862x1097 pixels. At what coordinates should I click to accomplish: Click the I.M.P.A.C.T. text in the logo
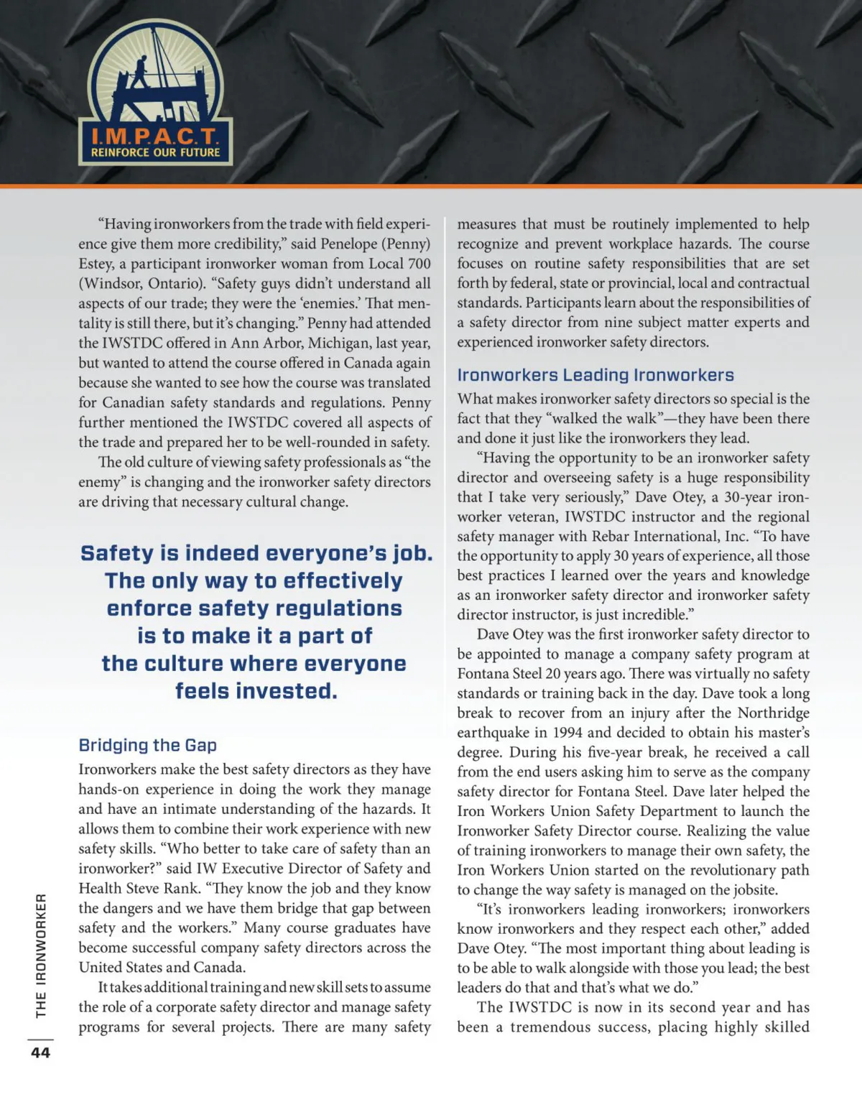pyautogui.click(x=154, y=136)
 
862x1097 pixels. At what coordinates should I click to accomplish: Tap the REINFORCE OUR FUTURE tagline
pyautogui.click(x=155, y=152)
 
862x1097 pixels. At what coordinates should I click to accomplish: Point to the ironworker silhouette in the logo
pyautogui.click(x=141, y=72)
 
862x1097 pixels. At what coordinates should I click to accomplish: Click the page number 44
pyautogui.click(x=41, y=1052)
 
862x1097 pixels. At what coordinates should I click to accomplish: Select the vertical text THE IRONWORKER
pyautogui.click(x=41, y=955)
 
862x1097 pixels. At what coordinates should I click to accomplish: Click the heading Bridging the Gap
pyautogui.click(x=147, y=745)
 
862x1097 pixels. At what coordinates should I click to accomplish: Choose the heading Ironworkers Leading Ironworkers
pyautogui.click(x=595, y=375)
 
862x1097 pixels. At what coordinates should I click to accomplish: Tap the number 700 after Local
pyautogui.click(x=420, y=264)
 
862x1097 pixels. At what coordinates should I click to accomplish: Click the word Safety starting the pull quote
pyautogui.click(x=117, y=553)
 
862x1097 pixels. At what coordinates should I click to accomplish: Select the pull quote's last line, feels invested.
pyautogui.click(x=256, y=691)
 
